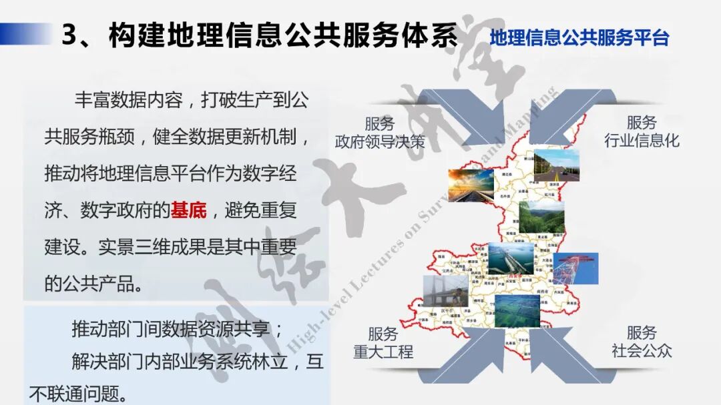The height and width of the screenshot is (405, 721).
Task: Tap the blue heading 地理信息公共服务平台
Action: pos(579,37)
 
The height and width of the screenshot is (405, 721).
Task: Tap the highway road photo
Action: pos(556,166)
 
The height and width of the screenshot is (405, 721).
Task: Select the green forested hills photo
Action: pos(541,216)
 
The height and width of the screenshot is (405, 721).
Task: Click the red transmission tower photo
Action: pos(575,268)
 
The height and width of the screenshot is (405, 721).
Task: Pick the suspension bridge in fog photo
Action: pos(445,291)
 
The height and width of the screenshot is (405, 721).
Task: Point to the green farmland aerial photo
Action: pos(517,309)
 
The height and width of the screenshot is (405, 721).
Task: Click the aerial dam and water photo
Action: pos(511,259)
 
